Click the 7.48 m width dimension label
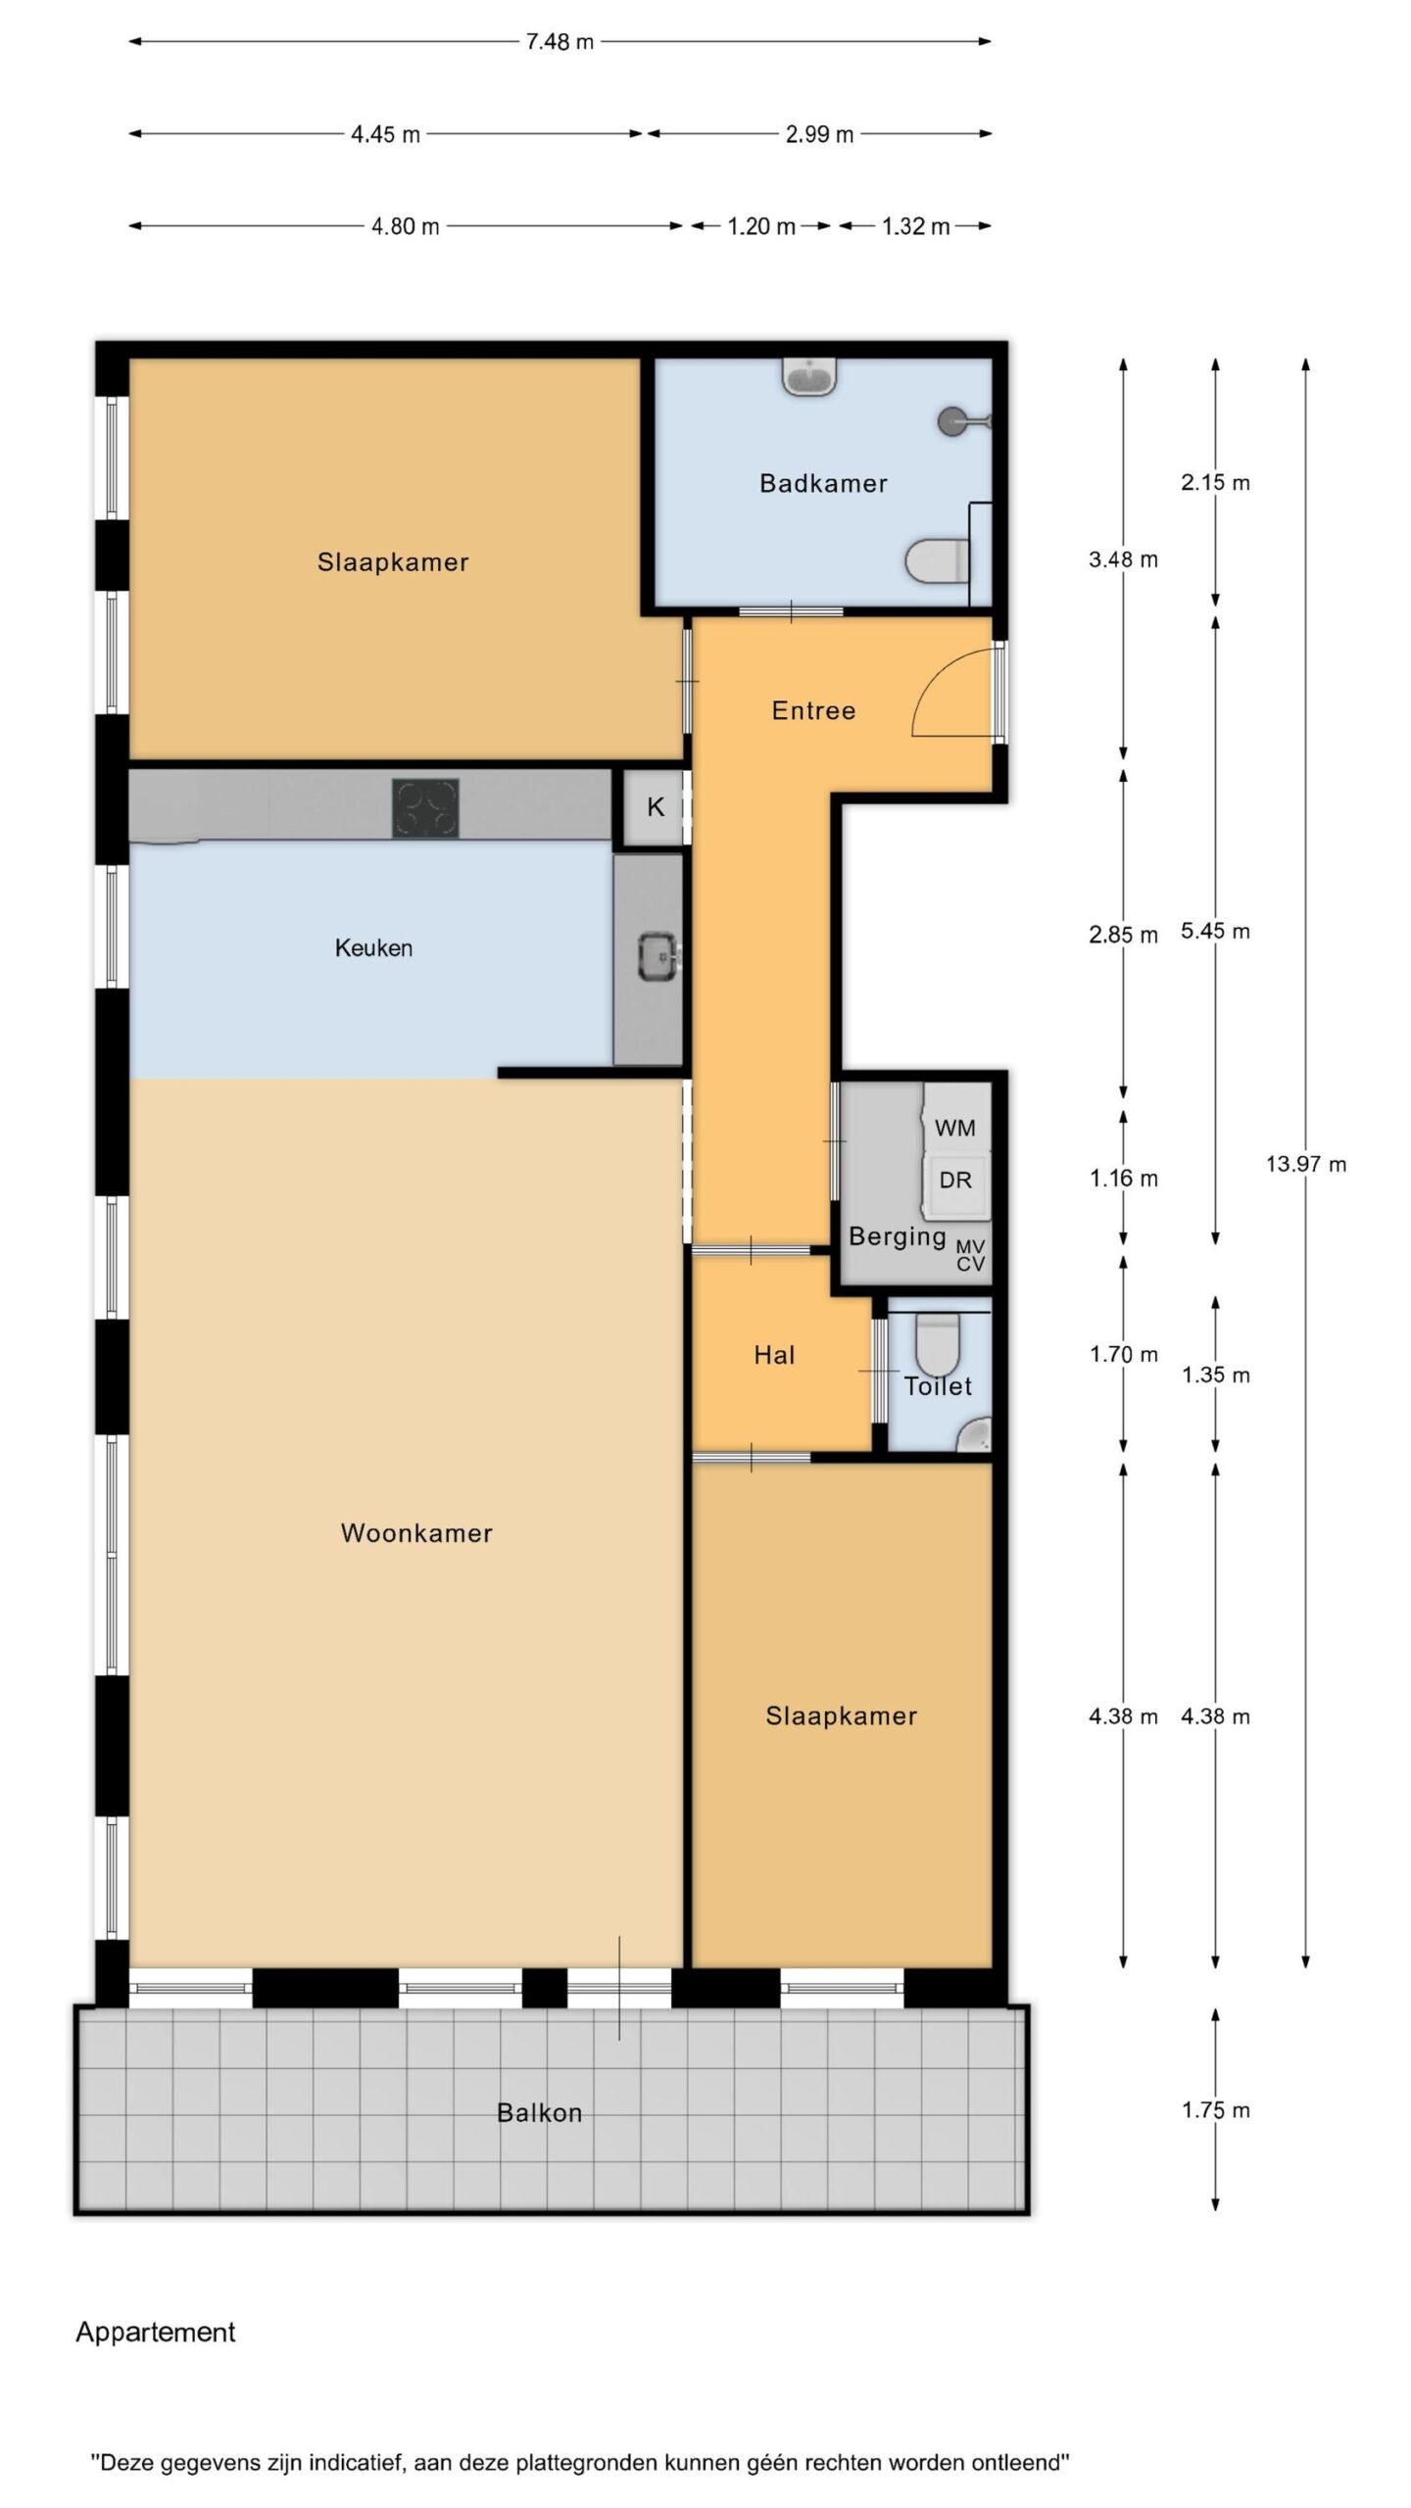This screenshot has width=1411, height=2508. tap(560, 42)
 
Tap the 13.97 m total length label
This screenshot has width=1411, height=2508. tap(1306, 1164)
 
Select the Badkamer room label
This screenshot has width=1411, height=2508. tap(823, 483)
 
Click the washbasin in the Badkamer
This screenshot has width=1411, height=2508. tap(810, 376)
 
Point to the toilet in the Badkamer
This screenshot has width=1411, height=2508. tap(938, 562)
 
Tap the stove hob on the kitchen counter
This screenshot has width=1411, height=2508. tap(425, 808)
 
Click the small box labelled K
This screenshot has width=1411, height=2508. tap(656, 807)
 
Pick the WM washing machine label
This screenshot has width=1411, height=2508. tap(955, 1128)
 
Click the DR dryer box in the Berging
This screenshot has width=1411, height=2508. tap(955, 1180)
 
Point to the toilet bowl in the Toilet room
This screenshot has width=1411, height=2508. tap(938, 1343)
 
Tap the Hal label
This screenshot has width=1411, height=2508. tap(774, 1355)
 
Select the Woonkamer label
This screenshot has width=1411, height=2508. tap(416, 1533)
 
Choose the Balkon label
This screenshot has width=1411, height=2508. tap(540, 2113)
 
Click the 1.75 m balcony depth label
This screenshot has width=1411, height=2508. tap(1215, 2110)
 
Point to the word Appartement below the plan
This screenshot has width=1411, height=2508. tap(156, 2332)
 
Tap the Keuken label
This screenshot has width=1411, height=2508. tap(373, 947)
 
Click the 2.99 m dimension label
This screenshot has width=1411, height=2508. tap(819, 134)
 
